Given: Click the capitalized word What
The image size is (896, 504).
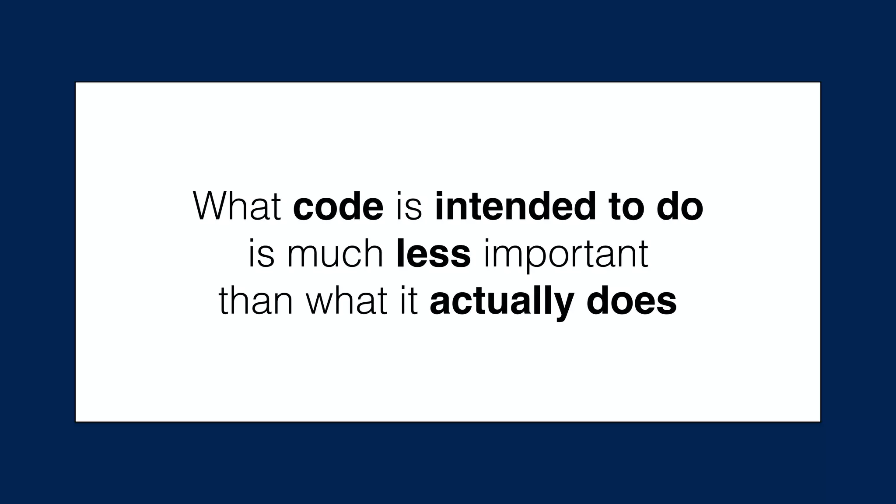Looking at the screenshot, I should [237, 206].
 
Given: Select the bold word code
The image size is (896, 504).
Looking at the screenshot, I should [338, 206].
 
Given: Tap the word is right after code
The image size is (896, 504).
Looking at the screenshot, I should [409, 206].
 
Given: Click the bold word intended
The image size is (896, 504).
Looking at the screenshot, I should [515, 206].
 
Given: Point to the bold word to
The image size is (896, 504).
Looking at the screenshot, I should [626, 206].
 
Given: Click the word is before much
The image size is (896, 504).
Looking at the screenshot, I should [261, 254].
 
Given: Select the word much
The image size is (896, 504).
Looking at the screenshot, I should [335, 254].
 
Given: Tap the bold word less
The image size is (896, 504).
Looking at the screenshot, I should [433, 254].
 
